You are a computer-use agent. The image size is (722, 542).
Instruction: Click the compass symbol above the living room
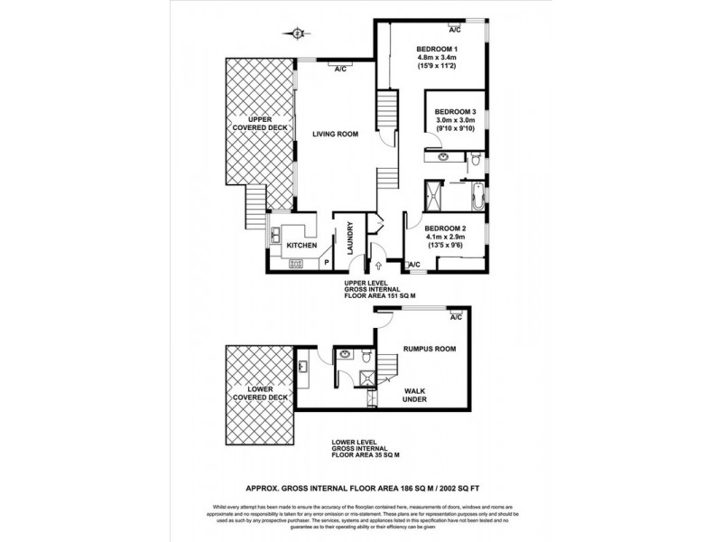[x=299, y=34]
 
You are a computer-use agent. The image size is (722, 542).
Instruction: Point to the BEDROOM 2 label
[x=445, y=229]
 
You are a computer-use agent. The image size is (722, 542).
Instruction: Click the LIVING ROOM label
[x=336, y=135]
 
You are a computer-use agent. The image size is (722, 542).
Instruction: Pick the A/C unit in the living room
[x=341, y=65]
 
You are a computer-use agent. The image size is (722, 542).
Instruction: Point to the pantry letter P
[x=326, y=263]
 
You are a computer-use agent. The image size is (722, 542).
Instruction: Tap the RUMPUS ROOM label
[x=429, y=349]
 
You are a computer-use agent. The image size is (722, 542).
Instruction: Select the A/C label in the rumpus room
[x=455, y=318]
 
